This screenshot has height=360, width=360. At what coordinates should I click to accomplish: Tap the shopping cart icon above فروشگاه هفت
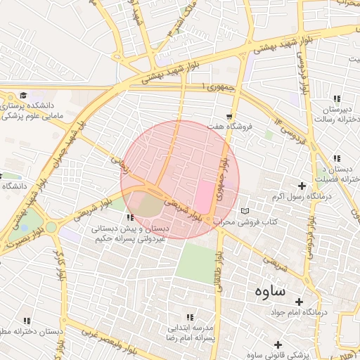[229, 116]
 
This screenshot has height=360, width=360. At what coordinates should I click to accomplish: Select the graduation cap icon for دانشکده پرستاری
[22, 95]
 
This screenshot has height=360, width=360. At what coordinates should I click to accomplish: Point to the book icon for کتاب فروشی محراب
[244, 211]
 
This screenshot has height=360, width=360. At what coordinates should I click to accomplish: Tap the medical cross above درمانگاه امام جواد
[307, 300]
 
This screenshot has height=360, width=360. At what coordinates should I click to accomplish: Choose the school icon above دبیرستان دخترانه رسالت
[336, 98]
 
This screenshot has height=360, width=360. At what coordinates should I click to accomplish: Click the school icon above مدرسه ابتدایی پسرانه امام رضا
[189, 317]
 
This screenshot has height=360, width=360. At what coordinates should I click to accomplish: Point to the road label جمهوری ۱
[215, 86]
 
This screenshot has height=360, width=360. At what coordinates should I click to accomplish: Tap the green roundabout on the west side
[51, 227]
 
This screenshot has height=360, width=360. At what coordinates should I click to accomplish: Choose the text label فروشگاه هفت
[229, 127]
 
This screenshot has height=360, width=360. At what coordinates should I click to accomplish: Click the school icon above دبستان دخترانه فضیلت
[336, 158]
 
